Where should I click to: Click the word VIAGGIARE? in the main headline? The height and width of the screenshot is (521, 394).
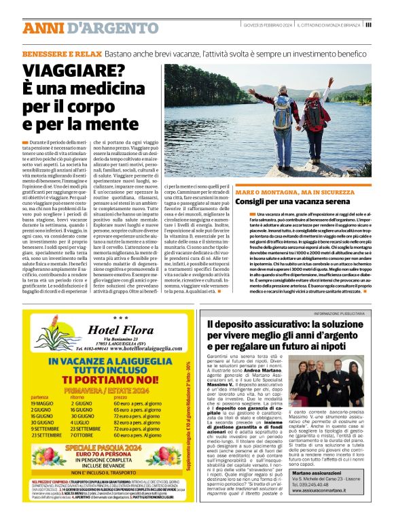click(74, 69)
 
